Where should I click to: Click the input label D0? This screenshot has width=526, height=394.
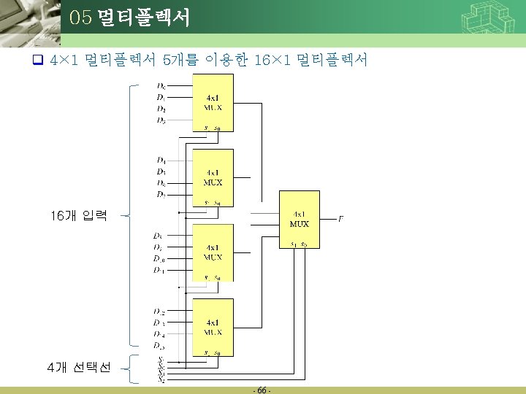[x=161, y=88]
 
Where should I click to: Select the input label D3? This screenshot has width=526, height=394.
[x=161, y=120]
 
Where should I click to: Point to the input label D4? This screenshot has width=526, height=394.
[x=161, y=160]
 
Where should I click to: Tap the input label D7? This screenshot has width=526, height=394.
[x=161, y=195]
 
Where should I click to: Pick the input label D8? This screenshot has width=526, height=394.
[x=159, y=236]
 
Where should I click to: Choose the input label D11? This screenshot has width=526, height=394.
[x=159, y=270]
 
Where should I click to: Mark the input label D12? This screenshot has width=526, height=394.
[x=159, y=312]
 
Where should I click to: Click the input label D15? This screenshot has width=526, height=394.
[x=159, y=345]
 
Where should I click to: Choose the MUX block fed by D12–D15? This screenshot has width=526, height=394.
[x=213, y=326]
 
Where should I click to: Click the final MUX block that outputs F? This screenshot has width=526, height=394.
[x=299, y=219]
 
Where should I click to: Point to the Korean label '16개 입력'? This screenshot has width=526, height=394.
[x=79, y=216]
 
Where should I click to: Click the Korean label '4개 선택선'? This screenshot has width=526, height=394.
[x=78, y=368]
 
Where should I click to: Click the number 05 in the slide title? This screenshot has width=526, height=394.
[x=80, y=18]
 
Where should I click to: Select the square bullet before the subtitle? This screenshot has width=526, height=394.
[x=40, y=61]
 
